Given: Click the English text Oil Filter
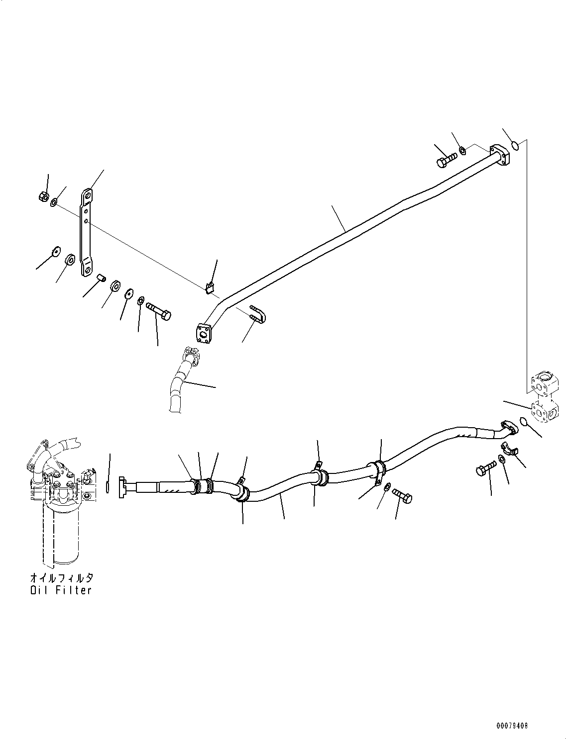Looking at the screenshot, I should click(x=61, y=590).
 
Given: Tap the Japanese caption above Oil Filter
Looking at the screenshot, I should click(x=61, y=578).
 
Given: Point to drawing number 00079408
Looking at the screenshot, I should click(x=511, y=726).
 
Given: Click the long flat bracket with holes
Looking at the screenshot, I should click(x=88, y=232).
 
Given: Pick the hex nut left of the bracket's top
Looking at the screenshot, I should click(x=43, y=196).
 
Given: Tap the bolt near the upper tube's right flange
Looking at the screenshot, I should click(x=446, y=161).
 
